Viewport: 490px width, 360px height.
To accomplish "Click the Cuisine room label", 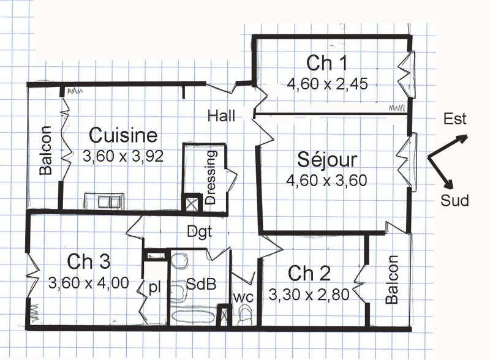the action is pos(123,135).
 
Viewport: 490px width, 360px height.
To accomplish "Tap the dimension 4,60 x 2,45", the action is pos(327,84).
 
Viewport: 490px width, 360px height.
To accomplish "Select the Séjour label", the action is pos(327,159).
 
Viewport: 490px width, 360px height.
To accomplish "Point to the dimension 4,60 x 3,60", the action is pos(326,181).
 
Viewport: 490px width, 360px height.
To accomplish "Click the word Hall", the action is pos(221,116).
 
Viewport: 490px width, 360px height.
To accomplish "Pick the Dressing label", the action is pos(211,177).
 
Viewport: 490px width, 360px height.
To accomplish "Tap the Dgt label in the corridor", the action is pos(200,232).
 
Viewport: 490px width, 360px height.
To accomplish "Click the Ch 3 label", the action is pos(89,261).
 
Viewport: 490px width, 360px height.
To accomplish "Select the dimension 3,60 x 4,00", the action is pos(89,283).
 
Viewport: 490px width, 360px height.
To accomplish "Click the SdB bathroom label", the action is pos(201,284).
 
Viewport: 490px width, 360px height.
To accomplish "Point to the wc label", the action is pos(243,298).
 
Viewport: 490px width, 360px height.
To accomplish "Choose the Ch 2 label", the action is pos(309,273).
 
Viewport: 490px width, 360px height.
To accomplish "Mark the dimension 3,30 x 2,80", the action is pos(309,294).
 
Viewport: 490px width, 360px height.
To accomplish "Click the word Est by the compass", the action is pos(455,119).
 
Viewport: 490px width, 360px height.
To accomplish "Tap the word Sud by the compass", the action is pos(454,200).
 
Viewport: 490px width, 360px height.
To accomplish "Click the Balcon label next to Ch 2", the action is pos(393,280).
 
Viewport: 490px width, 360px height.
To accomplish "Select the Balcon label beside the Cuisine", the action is pos(45,150).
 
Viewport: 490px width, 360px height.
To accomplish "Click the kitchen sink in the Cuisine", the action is pos(104,201).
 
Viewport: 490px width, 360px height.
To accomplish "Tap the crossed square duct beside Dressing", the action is pos(192,204).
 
